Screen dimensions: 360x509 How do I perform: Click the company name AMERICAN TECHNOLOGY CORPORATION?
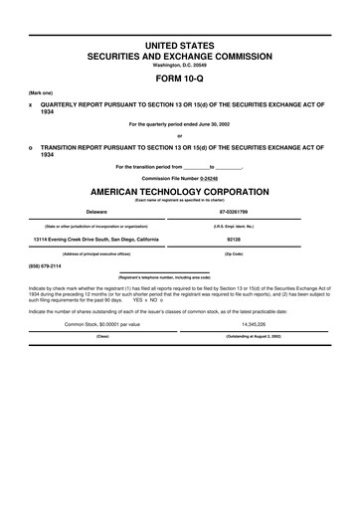coord(180,189)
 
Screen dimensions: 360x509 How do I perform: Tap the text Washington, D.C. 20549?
coord(180,66)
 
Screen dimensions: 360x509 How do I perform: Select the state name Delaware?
coord(96,212)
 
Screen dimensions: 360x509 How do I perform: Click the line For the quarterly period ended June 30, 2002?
coord(180,124)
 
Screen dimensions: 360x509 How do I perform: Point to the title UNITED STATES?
coord(180,47)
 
